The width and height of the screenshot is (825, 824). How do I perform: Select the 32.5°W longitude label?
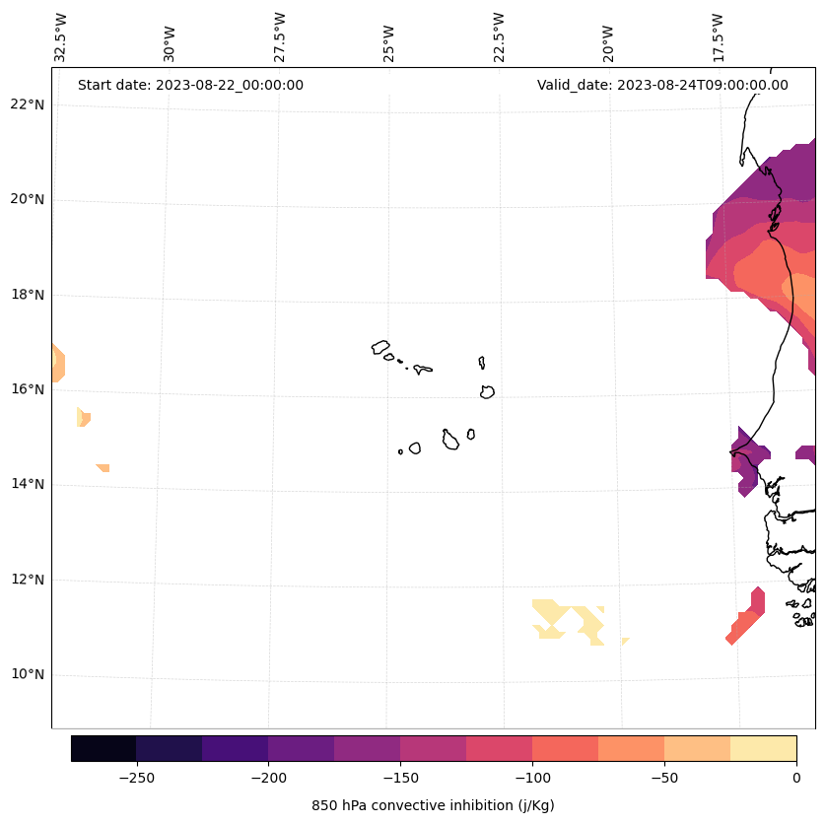(61, 37)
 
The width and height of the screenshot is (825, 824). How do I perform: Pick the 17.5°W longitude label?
(718, 37)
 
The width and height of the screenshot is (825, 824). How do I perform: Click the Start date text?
(190, 85)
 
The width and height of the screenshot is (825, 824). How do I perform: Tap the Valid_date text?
(662, 85)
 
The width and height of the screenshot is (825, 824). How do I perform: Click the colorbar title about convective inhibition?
(433, 805)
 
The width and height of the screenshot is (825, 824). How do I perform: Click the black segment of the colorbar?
(103, 748)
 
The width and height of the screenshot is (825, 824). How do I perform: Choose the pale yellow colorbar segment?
(763, 748)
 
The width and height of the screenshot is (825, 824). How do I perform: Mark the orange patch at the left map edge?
(57, 363)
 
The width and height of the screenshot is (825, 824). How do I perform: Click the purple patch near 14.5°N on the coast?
(748, 458)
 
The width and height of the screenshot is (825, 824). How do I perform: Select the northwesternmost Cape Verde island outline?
(380, 347)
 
